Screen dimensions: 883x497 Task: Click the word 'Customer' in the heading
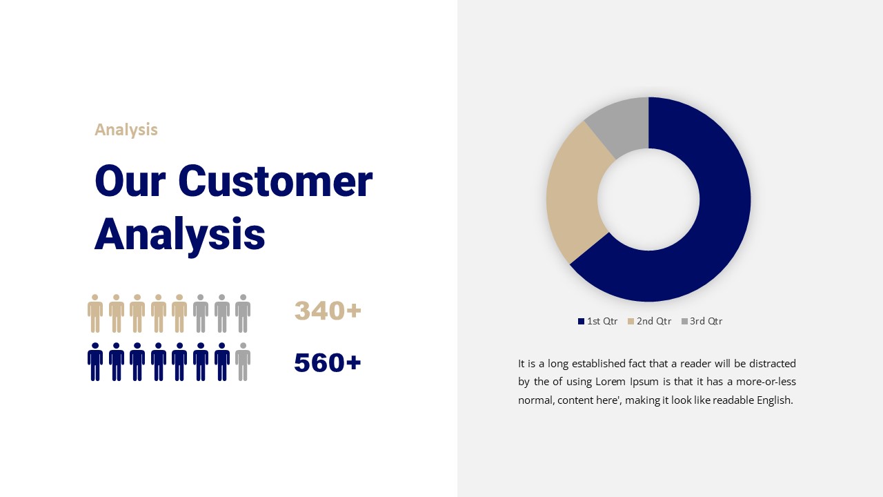coord(275,181)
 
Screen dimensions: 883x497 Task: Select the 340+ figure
coord(328,311)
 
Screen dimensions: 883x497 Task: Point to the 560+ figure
coord(328,362)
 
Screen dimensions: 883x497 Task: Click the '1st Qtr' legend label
coord(602,321)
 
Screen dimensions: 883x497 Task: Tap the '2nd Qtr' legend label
coord(654,321)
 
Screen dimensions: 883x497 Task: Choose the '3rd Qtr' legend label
coord(706,321)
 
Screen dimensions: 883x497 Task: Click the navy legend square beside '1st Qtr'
coord(581,322)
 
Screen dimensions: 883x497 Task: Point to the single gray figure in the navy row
coord(243,362)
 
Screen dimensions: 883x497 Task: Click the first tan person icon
coord(95,313)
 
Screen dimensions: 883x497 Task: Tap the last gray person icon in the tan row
coord(243,313)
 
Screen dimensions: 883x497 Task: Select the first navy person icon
coord(95,362)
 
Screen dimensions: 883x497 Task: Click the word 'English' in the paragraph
coord(775,400)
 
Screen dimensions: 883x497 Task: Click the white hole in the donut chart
coord(648,199)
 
